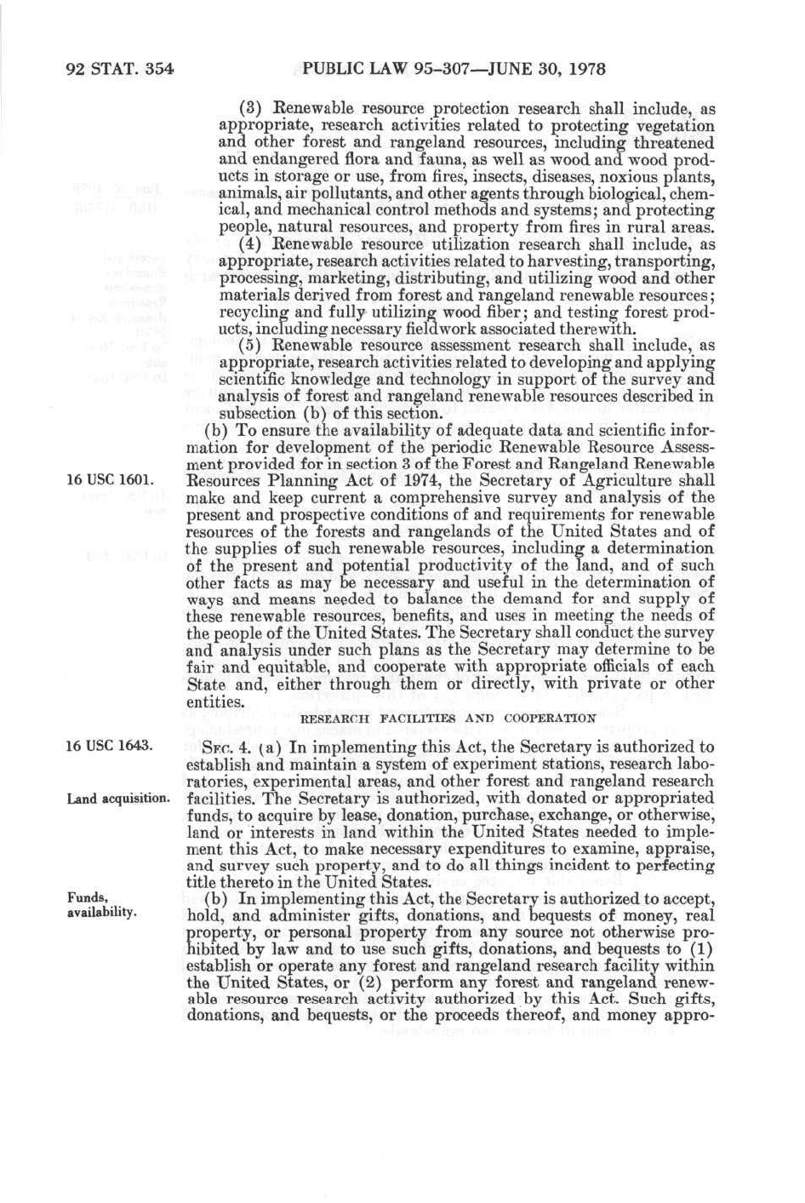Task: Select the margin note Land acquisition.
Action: (119, 799)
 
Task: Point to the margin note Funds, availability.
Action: (101, 905)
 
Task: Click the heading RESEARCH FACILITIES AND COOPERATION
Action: (448, 718)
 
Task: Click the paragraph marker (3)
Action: (250, 109)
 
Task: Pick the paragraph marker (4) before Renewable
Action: (250, 244)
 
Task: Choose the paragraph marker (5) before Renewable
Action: (250, 346)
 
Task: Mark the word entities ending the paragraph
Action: (214, 702)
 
